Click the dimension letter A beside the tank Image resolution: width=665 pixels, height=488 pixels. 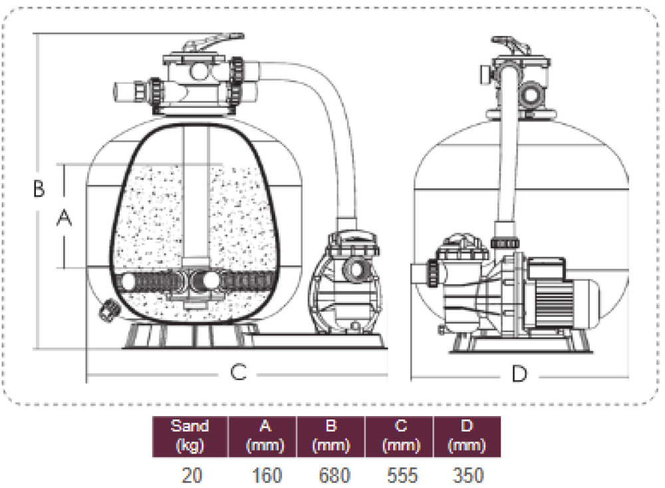click(65, 217)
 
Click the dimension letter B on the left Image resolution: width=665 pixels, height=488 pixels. click(39, 189)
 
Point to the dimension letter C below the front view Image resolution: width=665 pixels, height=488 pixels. click(238, 372)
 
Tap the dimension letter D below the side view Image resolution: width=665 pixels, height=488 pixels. click(519, 373)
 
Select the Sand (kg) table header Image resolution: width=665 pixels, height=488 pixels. click(190, 436)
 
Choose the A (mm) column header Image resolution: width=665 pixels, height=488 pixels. click(264, 436)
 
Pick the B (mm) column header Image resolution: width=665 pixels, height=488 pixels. click(332, 436)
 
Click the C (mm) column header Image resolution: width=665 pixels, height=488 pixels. click(400, 436)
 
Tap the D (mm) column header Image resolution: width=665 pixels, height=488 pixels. click(467, 436)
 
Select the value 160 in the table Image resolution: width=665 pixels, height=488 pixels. click(267, 475)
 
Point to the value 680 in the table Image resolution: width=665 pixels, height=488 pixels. click(332, 475)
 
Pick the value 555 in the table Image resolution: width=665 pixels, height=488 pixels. click(400, 475)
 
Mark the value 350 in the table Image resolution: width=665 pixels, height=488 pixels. click(467, 475)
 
